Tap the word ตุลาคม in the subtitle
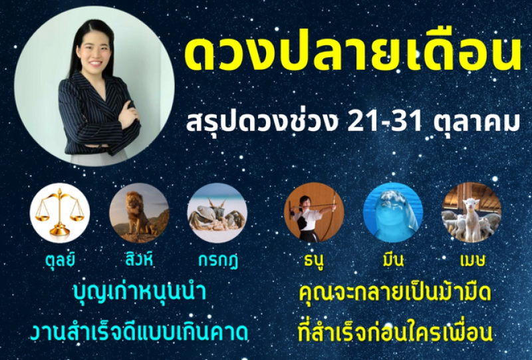pyautogui.click(x=477, y=122)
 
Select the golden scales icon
pyautogui.click(x=60, y=212)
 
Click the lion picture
pyautogui.click(x=139, y=212)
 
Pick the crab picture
pyautogui.click(x=217, y=212)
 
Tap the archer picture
pyautogui.click(x=314, y=212)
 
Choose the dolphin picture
pyautogui.click(x=393, y=212)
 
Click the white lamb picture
pyautogui.click(x=471, y=212)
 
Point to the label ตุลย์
pyautogui.click(x=60, y=260)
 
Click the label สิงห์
pyautogui.click(x=139, y=259)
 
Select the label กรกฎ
pyautogui.click(x=218, y=260)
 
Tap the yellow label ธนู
pyautogui.click(x=313, y=260)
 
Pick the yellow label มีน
pyautogui.click(x=393, y=260)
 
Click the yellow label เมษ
pyautogui.click(x=473, y=260)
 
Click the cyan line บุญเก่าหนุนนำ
pyautogui.click(x=140, y=293)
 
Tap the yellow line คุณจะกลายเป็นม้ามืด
pyautogui.click(x=395, y=293)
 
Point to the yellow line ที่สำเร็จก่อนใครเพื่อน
pyautogui.click(x=395, y=331)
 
